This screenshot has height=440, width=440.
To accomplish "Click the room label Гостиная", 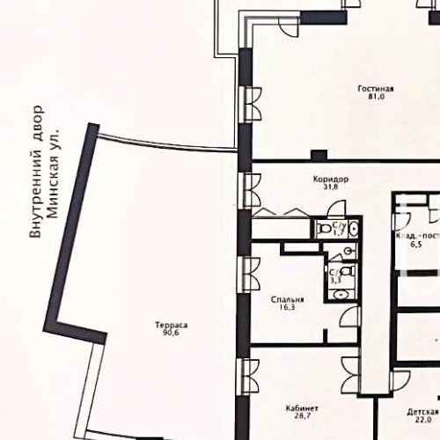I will pos(376,89).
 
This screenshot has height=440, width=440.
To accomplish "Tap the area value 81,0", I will pos(376,99).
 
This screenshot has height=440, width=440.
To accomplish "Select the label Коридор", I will pos(331,179).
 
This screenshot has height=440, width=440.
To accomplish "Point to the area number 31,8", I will pos(331,187).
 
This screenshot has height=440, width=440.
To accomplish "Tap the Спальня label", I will pos(288,299).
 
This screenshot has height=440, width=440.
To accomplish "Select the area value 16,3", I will pos(288,309).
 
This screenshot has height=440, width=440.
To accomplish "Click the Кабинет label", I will pos(302,409).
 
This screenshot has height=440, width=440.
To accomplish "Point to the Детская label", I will pos(422,412).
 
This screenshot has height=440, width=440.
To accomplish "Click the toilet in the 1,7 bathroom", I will pos(326,229).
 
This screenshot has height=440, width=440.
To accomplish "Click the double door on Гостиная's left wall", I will pos(252,109).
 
